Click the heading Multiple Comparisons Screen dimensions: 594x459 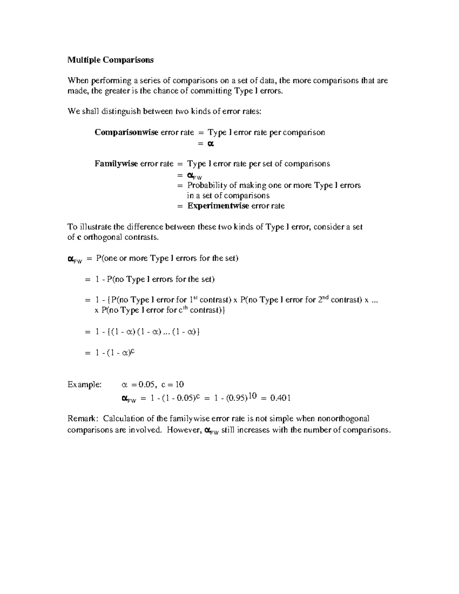point(110,60)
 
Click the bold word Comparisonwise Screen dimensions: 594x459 point(126,132)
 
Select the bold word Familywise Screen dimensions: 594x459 point(116,164)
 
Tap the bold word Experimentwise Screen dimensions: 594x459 point(218,206)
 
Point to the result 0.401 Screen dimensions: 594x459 point(280,398)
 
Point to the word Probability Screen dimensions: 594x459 point(206,185)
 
